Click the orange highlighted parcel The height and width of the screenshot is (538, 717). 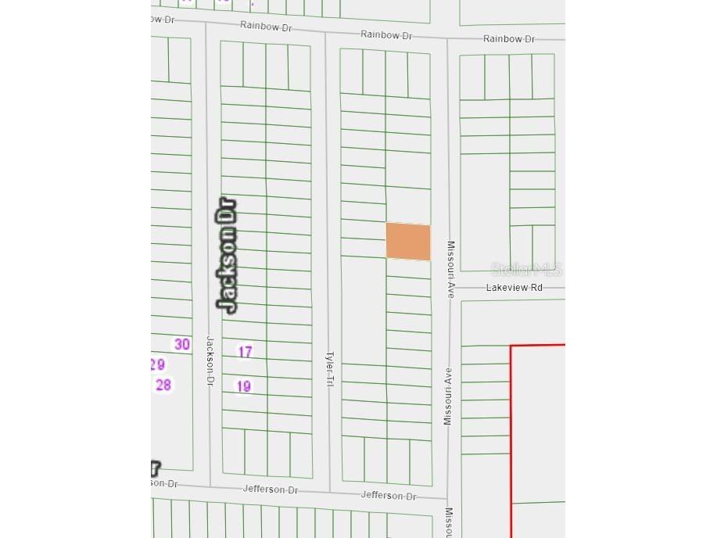(408, 241)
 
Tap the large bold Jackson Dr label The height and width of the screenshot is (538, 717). (227, 256)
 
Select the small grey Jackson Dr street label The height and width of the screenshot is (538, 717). (210, 360)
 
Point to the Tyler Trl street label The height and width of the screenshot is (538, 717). (330, 369)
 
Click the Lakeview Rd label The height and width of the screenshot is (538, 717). (514, 288)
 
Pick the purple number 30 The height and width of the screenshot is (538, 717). (182, 344)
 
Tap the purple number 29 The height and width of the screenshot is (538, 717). (157, 364)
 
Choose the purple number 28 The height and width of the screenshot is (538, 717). (163, 385)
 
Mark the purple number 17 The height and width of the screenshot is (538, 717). (245, 352)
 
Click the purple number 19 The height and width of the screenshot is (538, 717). (244, 386)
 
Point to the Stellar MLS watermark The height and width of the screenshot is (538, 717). (526, 270)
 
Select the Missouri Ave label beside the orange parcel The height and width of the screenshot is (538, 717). (450, 269)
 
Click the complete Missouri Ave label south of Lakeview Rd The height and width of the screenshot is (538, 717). (448, 396)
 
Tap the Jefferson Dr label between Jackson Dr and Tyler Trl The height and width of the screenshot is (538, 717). (271, 490)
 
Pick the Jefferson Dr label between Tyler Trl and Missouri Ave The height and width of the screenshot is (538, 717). (389, 495)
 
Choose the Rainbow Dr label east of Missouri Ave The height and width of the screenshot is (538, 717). (509, 39)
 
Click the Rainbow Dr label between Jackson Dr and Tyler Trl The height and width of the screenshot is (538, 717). (266, 27)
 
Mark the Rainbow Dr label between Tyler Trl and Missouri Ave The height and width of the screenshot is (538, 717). (386, 35)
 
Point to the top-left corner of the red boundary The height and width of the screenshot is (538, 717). (511, 346)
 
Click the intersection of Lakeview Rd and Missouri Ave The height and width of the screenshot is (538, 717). (449, 288)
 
